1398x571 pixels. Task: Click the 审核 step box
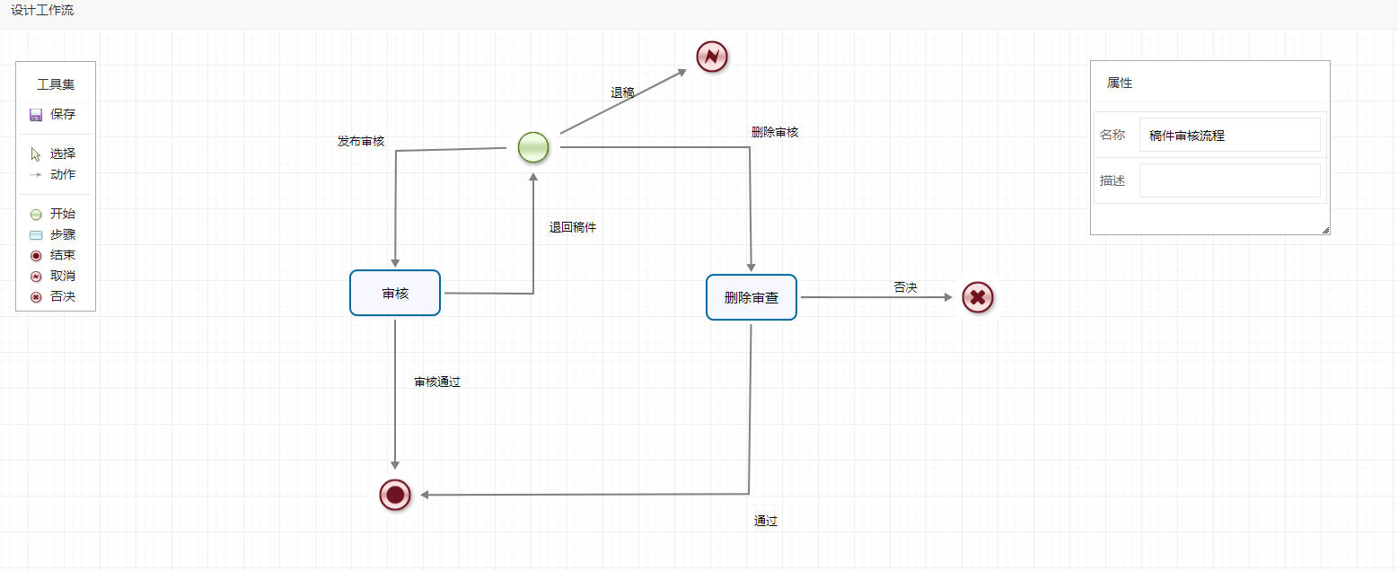[x=395, y=293]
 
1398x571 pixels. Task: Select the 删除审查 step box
[x=751, y=297]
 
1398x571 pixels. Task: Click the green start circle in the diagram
[x=533, y=147]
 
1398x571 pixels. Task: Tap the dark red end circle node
[x=395, y=495]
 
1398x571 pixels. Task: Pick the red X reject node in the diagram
[x=978, y=297]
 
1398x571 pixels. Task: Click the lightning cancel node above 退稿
[x=712, y=57]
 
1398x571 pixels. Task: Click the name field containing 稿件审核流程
[x=1229, y=136]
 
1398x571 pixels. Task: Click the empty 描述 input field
[x=1229, y=180]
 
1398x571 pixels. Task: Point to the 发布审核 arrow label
[x=361, y=141]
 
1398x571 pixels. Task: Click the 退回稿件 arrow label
[x=573, y=227]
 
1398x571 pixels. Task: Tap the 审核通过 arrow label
[x=437, y=382]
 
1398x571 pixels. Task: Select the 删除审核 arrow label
[x=775, y=132]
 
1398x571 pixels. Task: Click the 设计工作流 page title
[x=42, y=11]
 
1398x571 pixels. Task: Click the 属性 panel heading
[x=1120, y=83]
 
